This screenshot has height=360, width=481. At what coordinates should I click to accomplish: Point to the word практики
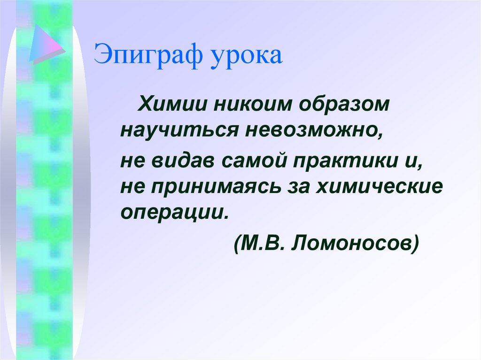[341, 163]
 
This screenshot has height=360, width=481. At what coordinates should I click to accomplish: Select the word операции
[174, 211]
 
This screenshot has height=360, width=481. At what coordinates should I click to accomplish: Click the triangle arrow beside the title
[45, 44]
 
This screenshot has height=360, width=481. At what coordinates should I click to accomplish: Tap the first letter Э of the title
[101, 55]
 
